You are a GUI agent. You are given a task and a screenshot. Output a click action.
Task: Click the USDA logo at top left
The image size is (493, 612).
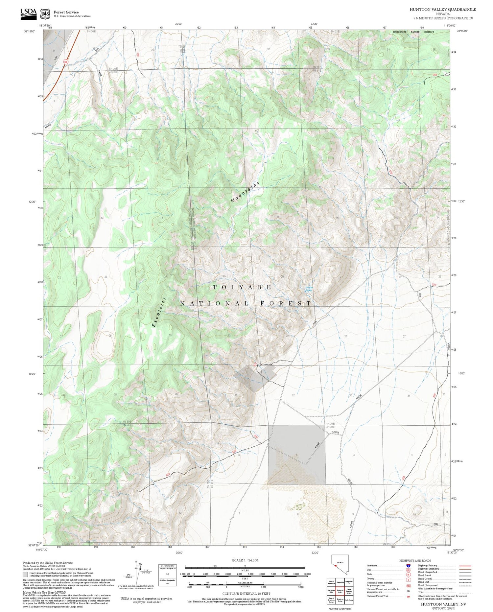click(x=28, y=13)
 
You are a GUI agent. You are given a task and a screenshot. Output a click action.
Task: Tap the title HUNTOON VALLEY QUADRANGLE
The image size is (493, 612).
click(x=442, y=10)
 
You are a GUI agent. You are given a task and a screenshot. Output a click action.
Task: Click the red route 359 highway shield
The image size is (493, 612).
click(x=66, y=61)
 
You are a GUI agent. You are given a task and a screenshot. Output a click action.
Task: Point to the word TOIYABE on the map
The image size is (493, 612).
click(x=242, y=287)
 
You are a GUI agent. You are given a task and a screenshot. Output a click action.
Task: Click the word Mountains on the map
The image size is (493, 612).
click(x=245, y=192)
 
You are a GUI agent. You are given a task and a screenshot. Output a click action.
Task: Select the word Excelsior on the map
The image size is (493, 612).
click(x=159, y=312)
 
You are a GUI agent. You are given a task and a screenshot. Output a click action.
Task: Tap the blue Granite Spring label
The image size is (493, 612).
click(x=309, y=289)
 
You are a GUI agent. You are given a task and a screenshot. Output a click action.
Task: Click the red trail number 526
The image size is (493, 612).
click(x=390, y=172)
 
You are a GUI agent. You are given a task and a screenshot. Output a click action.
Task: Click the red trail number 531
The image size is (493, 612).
click(x=254, y=365)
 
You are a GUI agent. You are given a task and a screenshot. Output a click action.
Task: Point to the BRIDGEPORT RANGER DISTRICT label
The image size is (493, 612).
click(x=413, y=32)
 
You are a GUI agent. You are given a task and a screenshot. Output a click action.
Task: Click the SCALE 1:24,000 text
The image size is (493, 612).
click(x=245, y=560)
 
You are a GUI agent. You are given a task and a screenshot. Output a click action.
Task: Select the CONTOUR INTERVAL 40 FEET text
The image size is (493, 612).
click(x=246, y=594)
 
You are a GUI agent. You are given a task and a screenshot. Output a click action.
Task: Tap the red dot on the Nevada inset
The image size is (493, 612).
click(x=336, y=566)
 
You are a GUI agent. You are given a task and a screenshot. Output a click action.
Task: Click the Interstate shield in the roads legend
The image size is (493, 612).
click(x=408, y=566)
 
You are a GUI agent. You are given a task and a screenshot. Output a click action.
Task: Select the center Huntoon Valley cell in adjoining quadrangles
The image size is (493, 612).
click(x=340, y=591)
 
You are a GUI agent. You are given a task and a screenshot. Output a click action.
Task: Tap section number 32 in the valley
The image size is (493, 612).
click(x=293, y=395)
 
